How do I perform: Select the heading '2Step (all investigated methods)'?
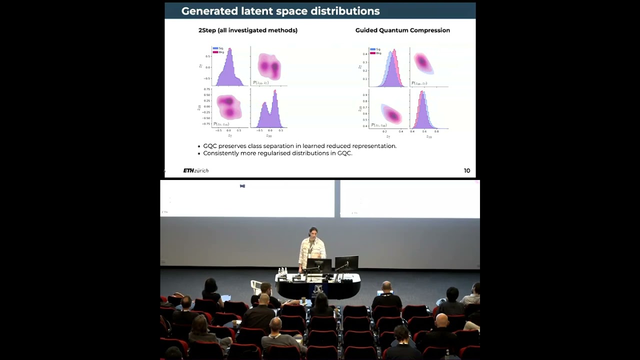(x=248, y=30)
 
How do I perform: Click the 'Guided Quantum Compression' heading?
(x=402, y=30)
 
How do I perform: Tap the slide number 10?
(x=466, y=171)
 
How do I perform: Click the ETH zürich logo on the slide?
(x=195, y=171)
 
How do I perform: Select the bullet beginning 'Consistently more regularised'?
(x=277, y=153)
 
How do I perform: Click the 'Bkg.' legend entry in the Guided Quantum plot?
(x=377, y=53)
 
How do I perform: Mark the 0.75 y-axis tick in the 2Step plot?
(x=206, y=89)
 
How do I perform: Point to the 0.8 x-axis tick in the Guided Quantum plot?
(x=436, y=131)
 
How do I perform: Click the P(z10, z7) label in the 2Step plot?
(x=260, y=82)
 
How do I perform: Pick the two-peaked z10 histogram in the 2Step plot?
(x=268, y=110)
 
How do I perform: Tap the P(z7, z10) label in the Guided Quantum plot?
(x=380, y=125)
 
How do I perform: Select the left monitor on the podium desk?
(x=318, y=265)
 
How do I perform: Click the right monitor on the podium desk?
(x=346, y=262)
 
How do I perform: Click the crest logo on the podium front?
(x=317, y=290)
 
